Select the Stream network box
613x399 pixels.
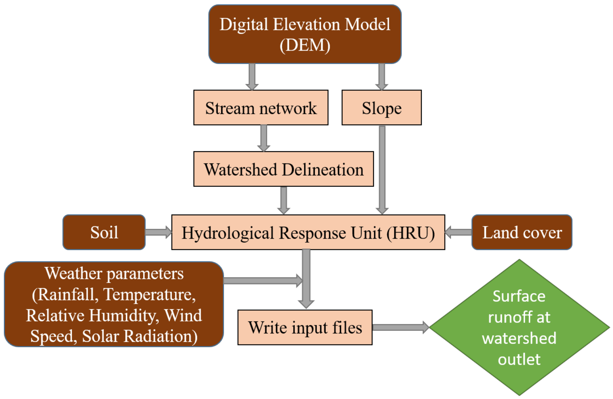[x=261, y=108]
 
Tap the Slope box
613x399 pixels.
[x=381, y=108]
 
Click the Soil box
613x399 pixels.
[x=104, y=232]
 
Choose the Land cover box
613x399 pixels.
[x=522, y=232]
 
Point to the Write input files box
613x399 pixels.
[x=305, y=327]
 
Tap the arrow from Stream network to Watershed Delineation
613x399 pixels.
[x=263, y=138]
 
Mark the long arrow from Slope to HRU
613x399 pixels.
[x=382, y=170]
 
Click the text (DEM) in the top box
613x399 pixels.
[x=305, y=46]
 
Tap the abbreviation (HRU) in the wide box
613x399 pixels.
[x=411, y=233]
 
